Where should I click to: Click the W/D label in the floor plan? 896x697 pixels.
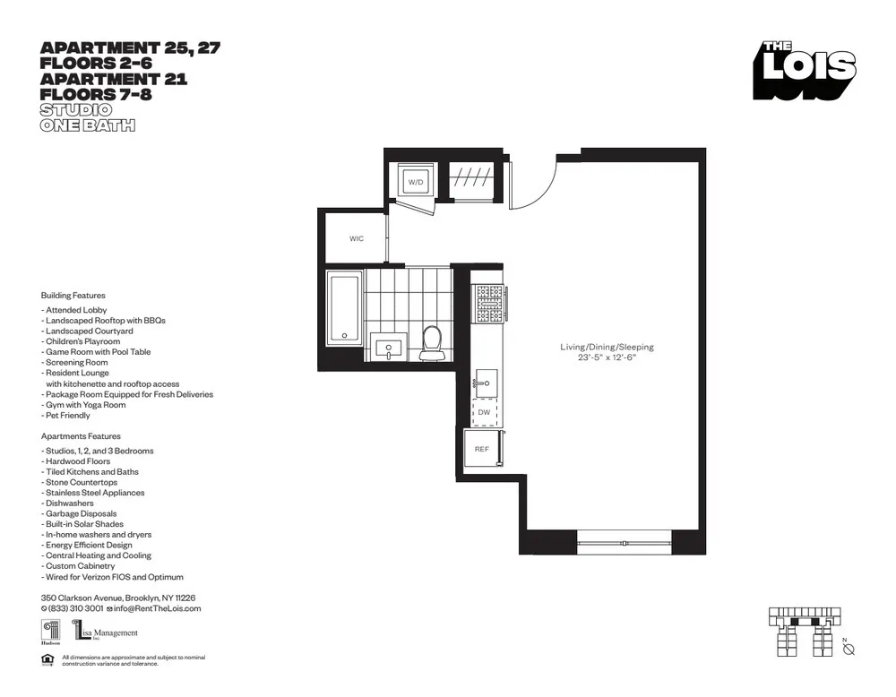[x=416, y=182]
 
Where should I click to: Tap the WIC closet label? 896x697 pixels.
[x=357, y=239]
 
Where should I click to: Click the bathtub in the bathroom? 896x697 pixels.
[x=343, y=307]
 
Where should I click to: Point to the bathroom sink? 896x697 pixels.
[x=389, y=348]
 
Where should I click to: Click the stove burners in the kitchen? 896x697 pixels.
[x=489, y=303]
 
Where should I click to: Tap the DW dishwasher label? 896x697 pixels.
[x=484, y=412]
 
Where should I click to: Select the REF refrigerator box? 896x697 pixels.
[x=482, y=449]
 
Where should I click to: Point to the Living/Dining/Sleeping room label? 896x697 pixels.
[x=607, y=347]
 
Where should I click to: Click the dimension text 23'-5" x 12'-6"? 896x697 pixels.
[x=607, y=357]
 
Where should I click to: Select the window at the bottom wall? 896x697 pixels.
[x=624, y=542]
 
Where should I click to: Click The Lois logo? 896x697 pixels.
[x=804, y=70]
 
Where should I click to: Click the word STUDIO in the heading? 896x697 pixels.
[x=75, y=110]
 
